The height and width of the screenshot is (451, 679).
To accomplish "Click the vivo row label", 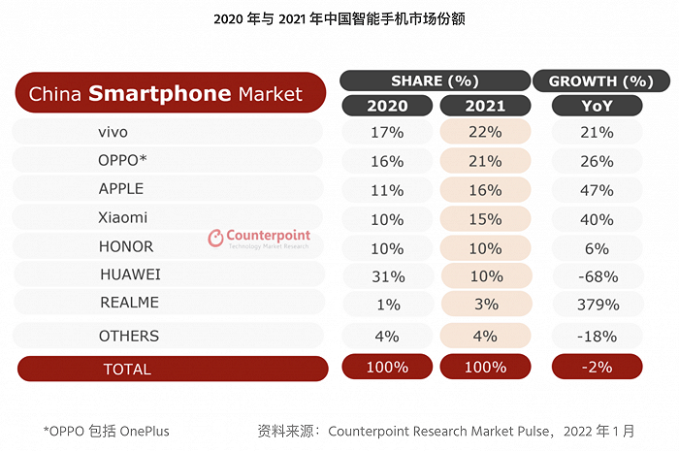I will [113, 132].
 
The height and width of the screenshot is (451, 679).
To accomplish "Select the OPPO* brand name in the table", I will [123, 160].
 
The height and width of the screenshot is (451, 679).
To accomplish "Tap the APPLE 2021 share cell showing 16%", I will [484, 189].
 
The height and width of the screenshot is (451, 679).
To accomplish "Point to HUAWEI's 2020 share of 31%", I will [387, 275].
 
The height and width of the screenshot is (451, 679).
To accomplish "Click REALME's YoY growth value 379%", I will [597, 305].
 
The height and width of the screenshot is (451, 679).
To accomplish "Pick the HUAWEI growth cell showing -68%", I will [597, 275].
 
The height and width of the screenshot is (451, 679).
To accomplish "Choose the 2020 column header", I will [387, 105].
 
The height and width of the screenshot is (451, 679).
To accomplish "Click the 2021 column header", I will [484, 105].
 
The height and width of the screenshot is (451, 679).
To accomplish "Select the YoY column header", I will [597, 105].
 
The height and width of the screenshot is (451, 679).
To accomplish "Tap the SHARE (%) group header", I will [435, 81].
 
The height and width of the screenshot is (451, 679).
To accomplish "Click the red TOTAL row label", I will [127, 369].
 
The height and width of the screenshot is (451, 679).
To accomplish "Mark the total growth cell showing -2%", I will [597, 368].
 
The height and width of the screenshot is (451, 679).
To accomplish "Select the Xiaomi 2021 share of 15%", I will [484, 218].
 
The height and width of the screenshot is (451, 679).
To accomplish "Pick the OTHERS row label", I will [128, 336].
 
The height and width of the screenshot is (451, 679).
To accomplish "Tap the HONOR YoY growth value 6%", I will [597, 247].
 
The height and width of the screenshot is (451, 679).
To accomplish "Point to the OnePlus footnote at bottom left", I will [113, 430].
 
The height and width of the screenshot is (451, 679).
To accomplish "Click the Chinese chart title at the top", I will [339, 17].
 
